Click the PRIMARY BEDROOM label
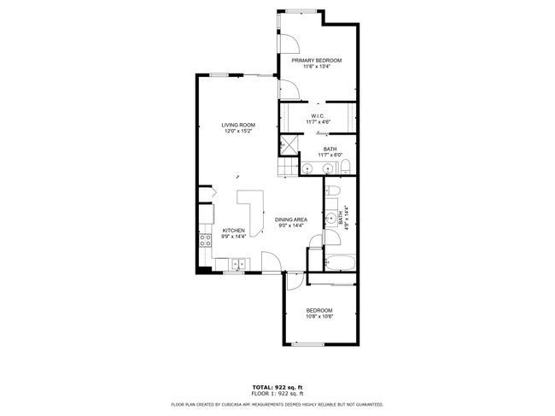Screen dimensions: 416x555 pyautogui.click(x=316, y=61)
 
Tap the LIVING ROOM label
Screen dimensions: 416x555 pyautogui.click(x=239, y=125)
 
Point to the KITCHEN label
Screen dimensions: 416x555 pyautogui.click(x=234, y=231)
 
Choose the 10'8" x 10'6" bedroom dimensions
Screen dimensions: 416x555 pyautogui.click(x=318, y=317)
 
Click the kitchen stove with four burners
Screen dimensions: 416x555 pyautogui.click(x=205, y=240)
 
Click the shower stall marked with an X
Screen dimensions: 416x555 pyautogui.click(x=289, y=146)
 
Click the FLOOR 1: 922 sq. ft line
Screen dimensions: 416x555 pyautogui.click(x=277, y=393)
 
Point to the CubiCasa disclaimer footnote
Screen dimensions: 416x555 pyautogui.click(x=277, y=404)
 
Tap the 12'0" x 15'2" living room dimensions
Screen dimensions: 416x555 pyautogui.click(x=239, y=132)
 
